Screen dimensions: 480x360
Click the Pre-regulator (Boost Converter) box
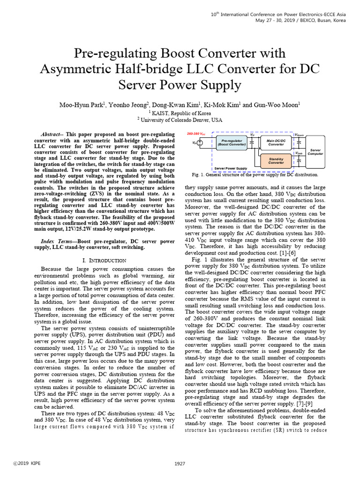click(231, 142)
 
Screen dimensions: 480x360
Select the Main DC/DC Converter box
click(276, 142)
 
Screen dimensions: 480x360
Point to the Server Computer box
click(315, 151)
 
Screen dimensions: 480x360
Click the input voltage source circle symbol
click(200, 143)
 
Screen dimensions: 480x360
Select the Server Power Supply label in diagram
click(231, 168)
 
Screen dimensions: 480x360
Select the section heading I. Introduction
click(104, 260)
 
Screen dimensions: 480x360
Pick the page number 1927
click(180, 464)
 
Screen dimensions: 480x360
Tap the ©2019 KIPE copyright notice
click(28, 464)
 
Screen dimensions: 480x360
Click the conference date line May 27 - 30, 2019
click(300, 21)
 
